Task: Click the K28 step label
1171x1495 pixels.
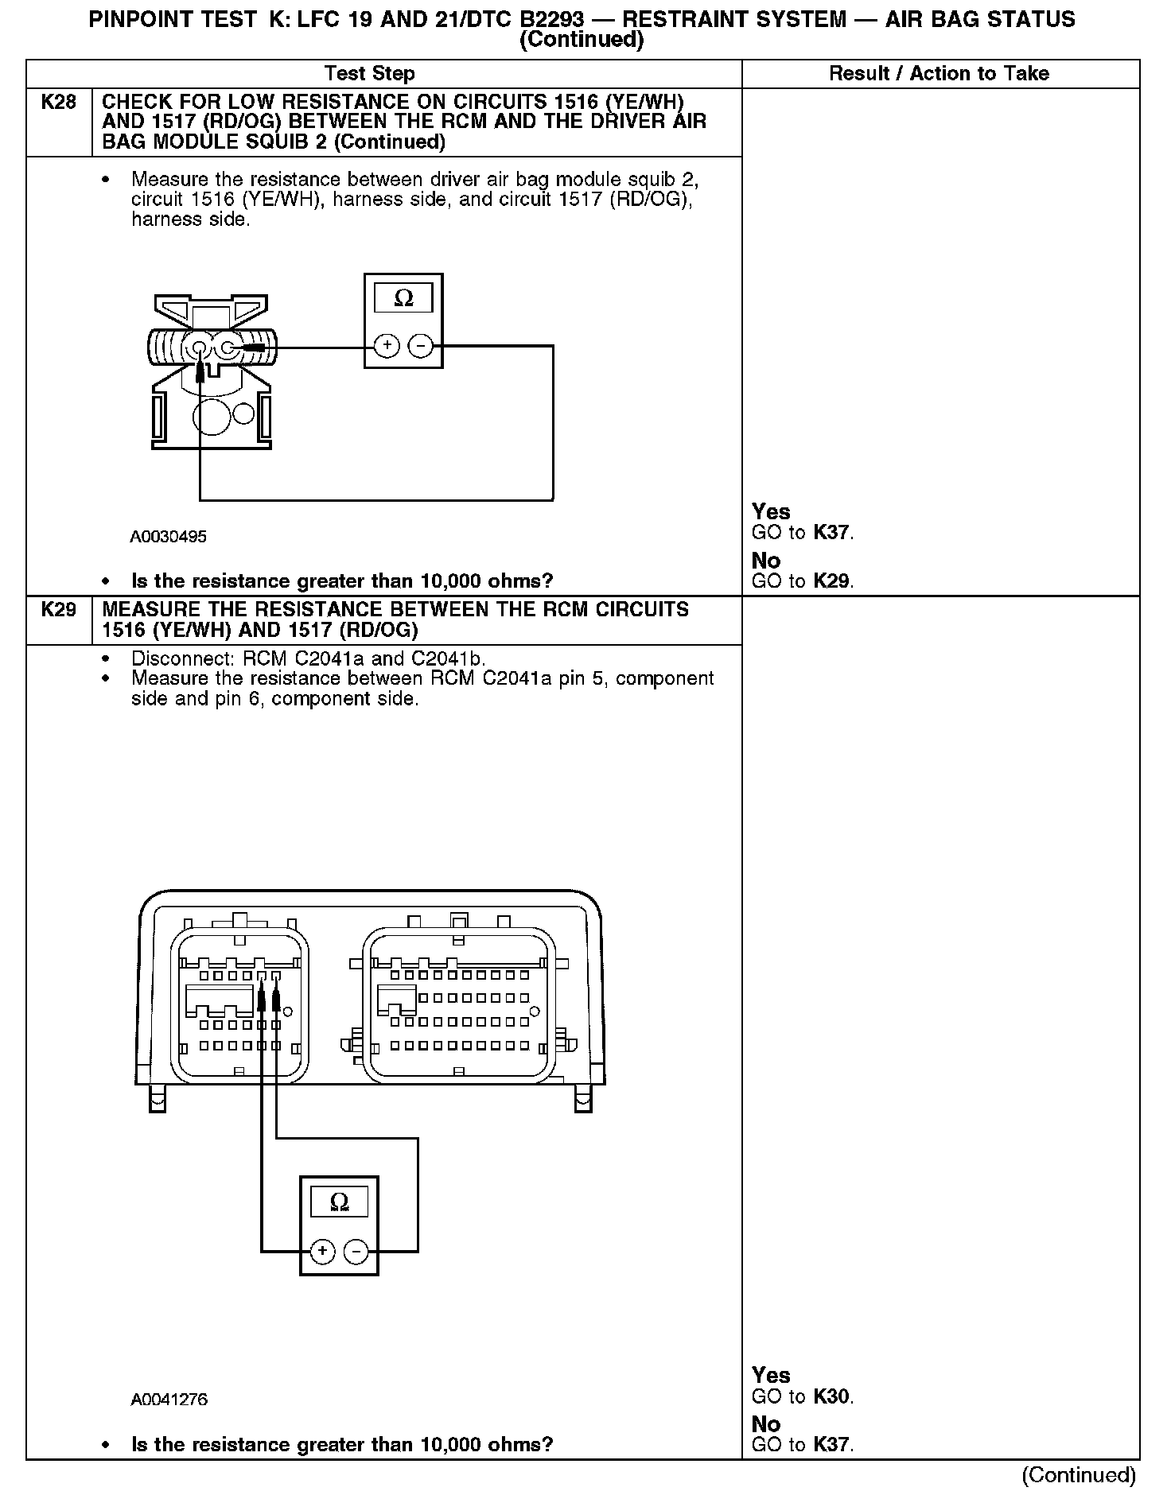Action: (59, 102)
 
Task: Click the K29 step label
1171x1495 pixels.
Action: (59, 610)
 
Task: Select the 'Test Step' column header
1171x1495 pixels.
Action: (369, 74)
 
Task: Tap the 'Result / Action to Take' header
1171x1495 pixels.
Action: (939, 74)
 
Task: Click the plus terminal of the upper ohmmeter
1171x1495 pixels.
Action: (387, 345)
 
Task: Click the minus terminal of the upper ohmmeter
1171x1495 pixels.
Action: (421, 345)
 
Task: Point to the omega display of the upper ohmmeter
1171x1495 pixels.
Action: (403, 298)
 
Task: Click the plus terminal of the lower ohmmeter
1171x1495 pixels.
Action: (322, 1251)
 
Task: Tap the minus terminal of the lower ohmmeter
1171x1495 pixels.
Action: (356, 1251)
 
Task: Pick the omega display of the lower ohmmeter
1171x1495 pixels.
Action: (339, 1202)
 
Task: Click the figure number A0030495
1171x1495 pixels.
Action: (168, 537)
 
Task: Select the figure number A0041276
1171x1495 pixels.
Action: (169, 1400)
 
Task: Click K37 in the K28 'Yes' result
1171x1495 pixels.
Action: (832, 533)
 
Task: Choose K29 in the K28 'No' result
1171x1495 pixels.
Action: (832, 581)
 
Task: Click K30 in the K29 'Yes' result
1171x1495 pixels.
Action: (832, 1396)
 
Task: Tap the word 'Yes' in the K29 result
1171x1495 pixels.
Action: (771, 1375)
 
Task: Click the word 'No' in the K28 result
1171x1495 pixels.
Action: (766, 561)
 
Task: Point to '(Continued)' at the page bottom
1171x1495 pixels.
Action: (1079, 1474)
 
